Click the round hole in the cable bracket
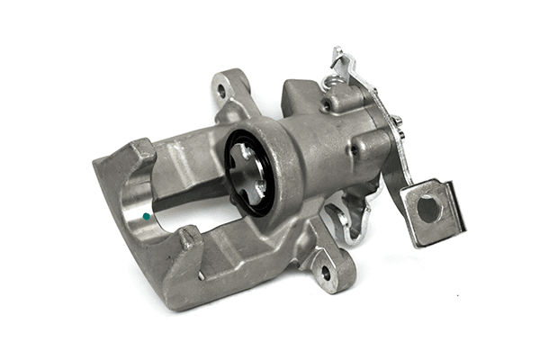pyautogui.click(x=428, y=209)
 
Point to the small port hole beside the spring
pyautogui.click(x=326, y=105)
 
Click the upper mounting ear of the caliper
pyautogui.click(x=229, y=90)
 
